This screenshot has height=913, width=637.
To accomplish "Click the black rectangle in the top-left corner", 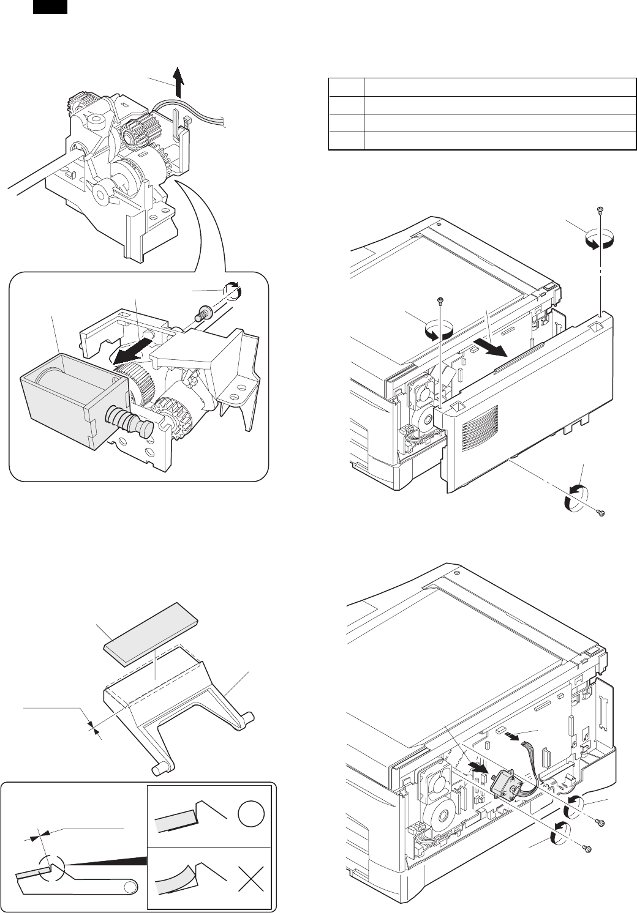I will point(49,7).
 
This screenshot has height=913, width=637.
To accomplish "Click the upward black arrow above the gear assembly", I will point(178,83).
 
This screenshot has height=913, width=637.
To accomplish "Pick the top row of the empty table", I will point(481,86).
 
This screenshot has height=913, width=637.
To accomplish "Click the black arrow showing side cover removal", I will point(495,348).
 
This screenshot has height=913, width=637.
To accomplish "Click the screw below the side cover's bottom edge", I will point(601,513).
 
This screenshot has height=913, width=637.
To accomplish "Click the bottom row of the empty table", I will point(481,141).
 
